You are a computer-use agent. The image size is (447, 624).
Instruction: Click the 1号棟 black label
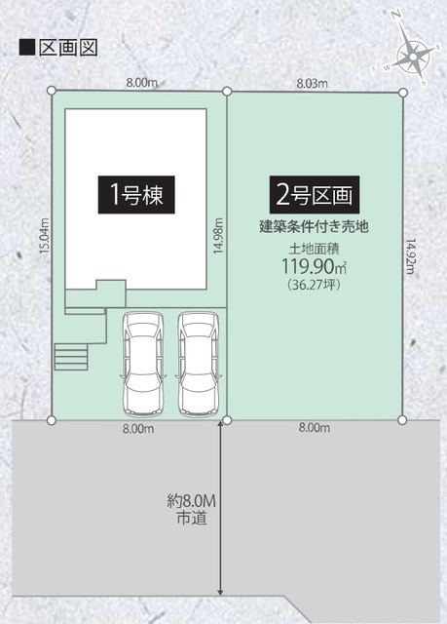[x=135, y=193]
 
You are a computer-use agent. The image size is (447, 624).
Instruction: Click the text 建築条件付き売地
[x=313, y=226]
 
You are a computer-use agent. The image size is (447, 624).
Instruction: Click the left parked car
[x=143, y=364]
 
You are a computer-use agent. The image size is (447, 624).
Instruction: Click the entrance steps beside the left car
[x=72, y=357]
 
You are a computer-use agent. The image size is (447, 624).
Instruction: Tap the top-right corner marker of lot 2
[x=401, y=92]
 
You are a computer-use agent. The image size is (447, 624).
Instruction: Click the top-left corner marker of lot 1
[x=51, y=92]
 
